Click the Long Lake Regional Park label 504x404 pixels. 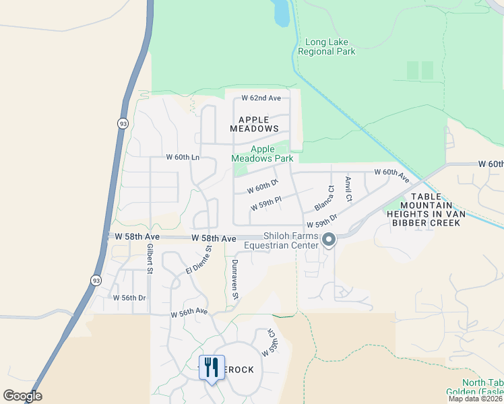pos(329,46)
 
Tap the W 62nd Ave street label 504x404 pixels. pos(257,98)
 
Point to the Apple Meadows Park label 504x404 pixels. pos(263,154)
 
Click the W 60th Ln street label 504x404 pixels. pos(183,158)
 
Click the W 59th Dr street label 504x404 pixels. pos(321,224)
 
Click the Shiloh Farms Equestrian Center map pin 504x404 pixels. pos(329,240)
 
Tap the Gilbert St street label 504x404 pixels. pos(150,259)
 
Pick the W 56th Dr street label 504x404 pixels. pos(129,298)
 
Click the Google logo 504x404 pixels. pos(22,395)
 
